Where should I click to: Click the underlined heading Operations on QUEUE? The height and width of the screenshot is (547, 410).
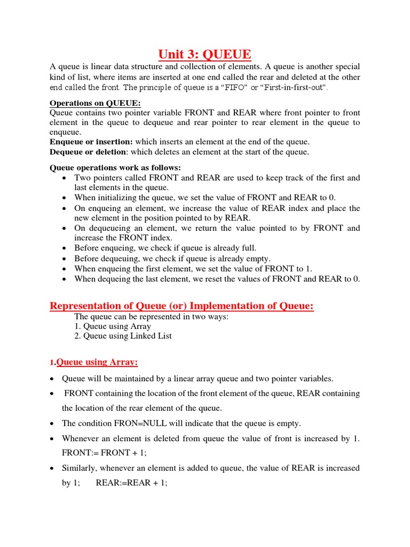point(95,103)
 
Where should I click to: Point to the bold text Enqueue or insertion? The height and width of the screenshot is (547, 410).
point(91,142)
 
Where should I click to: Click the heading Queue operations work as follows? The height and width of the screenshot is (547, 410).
point(115,168)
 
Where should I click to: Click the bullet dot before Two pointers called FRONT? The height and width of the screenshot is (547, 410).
point(65,178)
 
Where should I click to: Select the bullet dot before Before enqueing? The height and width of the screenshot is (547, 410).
point(65,248)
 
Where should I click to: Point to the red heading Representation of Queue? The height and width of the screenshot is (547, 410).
point(182,306)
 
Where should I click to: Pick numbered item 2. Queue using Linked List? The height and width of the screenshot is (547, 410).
point(123,336)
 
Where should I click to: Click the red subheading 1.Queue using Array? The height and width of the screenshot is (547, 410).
point(94,363)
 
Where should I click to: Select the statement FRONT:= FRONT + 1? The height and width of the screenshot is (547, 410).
point(96,452)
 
